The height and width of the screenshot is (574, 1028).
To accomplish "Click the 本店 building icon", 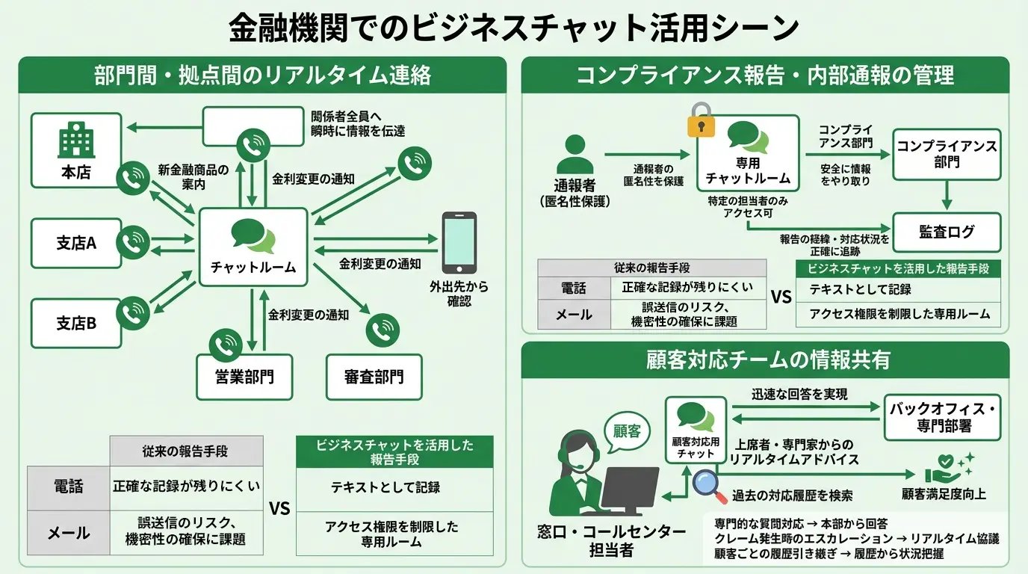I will pos(75,141).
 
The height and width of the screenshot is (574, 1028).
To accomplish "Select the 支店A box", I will pos(76,243).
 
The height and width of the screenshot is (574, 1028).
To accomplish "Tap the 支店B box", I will pos(76,323).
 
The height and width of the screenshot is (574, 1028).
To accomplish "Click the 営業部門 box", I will pos(244,376).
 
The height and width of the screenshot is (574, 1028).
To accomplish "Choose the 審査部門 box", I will pos(374,376).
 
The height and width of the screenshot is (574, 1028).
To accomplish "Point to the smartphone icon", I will pos(459,243).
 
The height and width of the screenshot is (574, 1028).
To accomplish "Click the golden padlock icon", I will pos(702,120).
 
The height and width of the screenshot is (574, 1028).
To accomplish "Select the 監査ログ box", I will pos(947,232).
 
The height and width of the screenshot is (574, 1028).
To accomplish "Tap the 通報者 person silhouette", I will pos(575,155).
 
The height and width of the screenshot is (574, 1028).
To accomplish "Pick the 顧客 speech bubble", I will pos(627,431).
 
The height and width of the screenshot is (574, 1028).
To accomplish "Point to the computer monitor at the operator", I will pos(629,490).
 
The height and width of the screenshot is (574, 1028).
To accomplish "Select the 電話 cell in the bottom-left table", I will pos(69,487).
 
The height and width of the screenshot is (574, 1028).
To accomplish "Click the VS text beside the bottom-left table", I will pos(279,509).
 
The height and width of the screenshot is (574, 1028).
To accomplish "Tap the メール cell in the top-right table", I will pos(574,315).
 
